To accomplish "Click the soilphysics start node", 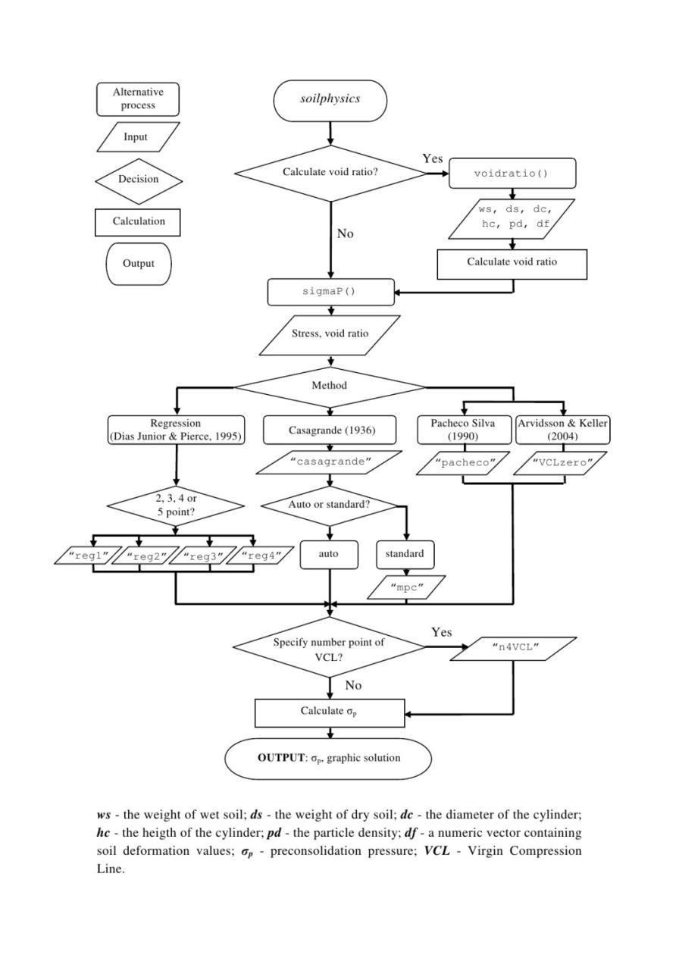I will click(x=330, y=99).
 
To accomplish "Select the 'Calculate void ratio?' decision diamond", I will click(x=330, y=173).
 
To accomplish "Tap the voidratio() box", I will click(x=513, y=173).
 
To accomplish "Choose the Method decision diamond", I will click(x=330, y=386).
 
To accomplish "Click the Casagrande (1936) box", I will click(x=330, y=430).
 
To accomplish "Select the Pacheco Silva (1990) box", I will click(x=463, y=430).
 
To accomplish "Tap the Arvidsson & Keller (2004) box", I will click(x=562, y=430).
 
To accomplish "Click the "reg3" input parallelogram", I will click(x=199, y=556).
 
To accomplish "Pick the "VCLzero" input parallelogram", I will click(x=562, y=462).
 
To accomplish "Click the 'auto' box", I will click(x=328, y=554).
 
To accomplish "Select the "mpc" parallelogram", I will click(x=407, y=588).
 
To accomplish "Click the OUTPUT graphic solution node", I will click(x=330, y=758).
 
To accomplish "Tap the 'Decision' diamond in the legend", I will click(x=138, y=180).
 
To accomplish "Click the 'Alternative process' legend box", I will click(x=138, y=99).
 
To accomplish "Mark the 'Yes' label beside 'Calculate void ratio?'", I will click(x=433, y=158).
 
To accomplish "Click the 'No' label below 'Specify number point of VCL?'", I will click(x=353, y=685).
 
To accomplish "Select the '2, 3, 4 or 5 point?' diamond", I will click(x=175, y=506).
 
